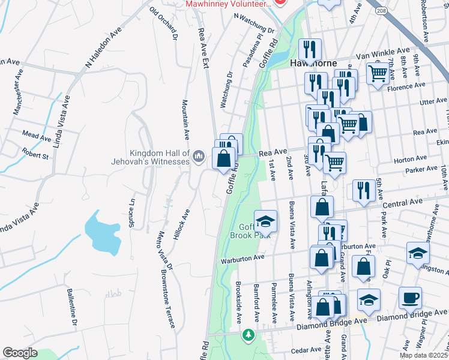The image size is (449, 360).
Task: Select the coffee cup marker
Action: coord(410,297)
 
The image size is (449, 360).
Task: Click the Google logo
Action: coord(20,353)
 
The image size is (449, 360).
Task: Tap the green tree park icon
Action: coord(247,334)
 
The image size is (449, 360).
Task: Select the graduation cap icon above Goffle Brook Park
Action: coord(264,221)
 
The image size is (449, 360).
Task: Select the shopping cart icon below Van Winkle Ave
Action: coord(377,74)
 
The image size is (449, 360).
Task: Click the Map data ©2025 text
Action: coord(423,355)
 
